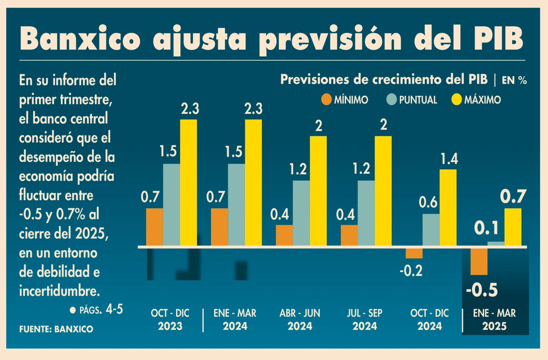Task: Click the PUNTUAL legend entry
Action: (x=411, y=99)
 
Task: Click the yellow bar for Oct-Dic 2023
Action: (x=189, y=183)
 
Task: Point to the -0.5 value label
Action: (x=481, y=290)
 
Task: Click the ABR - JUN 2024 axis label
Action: (x=300, y=319)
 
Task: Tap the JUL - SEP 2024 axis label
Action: (x=364, y=319)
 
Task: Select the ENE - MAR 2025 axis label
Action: (x=495, y=319)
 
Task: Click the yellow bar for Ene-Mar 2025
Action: (x=512, y=227)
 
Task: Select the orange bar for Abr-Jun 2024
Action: (x=284, y=235)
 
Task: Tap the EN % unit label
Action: (x=514, y=80)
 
